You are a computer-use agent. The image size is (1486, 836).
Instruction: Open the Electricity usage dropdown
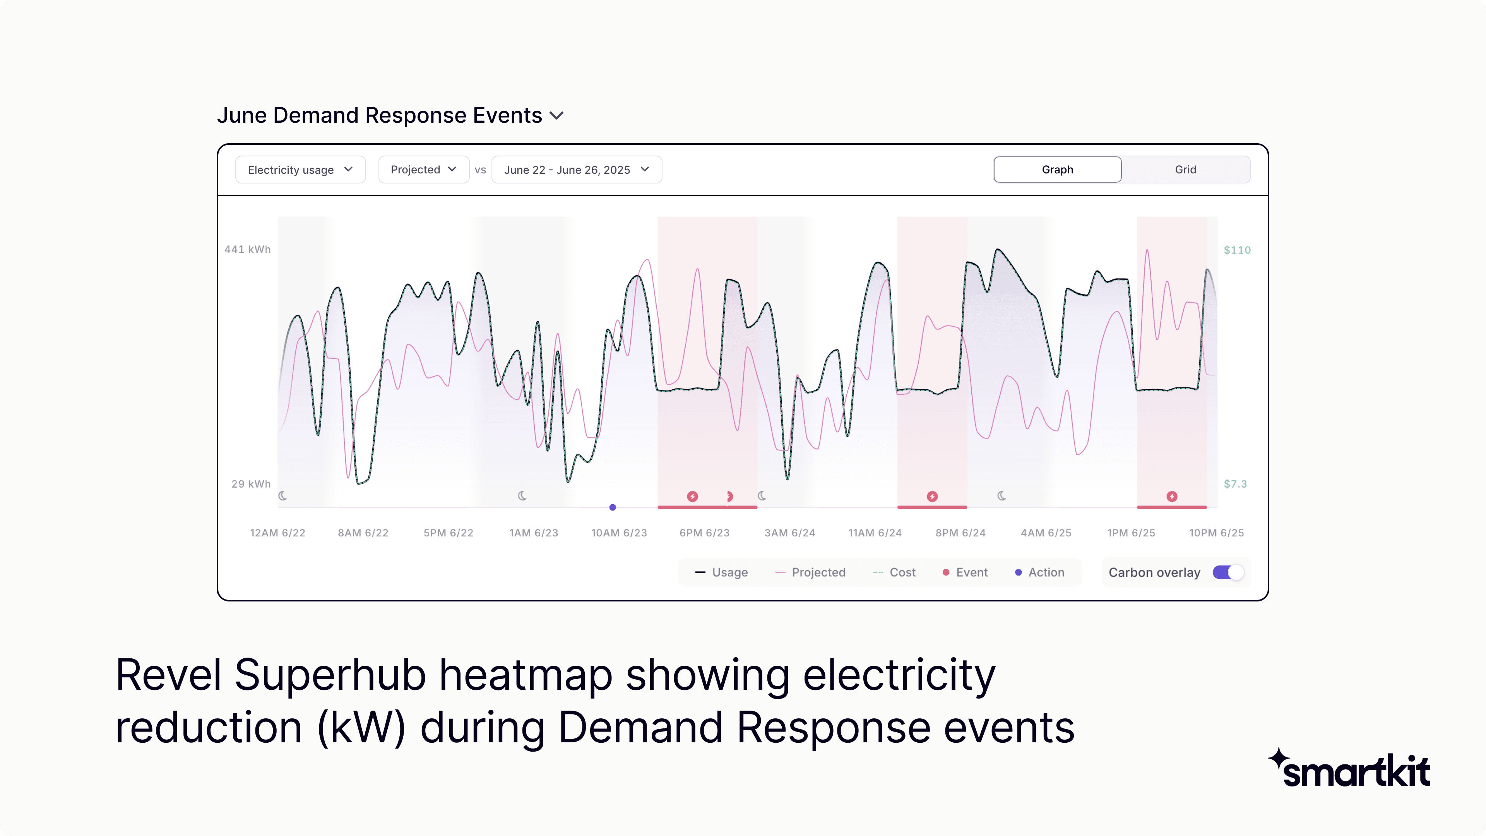coord(300,170)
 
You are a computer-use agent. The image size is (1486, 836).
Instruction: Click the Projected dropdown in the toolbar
coord(423,170)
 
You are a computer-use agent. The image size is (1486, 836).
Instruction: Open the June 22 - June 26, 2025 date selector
coord(576,170)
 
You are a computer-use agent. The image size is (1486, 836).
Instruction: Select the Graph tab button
coord(1057,170)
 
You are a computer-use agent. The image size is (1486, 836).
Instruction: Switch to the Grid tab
coord(1185,170)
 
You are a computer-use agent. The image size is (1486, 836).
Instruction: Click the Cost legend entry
coord(894,572)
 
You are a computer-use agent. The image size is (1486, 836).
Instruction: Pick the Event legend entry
coord(965,572)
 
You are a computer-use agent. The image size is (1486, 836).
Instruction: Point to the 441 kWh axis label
coord(248,249)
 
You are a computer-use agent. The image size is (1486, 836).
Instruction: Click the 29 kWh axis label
coord(251,484)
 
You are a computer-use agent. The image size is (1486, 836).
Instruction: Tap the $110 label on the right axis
coord(1237,250)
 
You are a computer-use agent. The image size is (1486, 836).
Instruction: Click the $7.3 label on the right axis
coord(1235,484)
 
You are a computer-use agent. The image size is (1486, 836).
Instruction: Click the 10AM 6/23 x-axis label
coord(619,533)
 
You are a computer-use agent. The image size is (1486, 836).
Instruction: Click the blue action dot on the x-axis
coord(613,507)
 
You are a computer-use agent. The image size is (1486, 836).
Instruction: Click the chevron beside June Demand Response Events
coord(557,116)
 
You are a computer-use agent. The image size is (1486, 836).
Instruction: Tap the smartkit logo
coord(1350,769)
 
